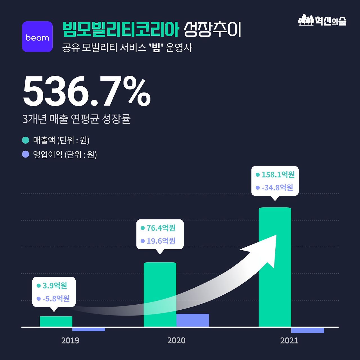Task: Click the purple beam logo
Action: (x=37, y=37)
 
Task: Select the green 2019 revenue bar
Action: (x=56, y=321)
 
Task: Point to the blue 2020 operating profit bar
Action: (x=193, y=320)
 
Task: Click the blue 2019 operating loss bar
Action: (x=89, y=329)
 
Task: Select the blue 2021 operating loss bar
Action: (x=307, y=330)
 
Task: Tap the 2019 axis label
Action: (x=70, y=341)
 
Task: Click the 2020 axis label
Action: (x=176, y=341)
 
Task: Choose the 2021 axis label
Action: (x=289, y=341)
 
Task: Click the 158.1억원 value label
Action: (x=278, y=175)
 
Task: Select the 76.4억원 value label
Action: (x=161, y=228)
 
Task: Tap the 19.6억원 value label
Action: (x=161, y=241)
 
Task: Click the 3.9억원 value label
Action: (x=55, y=286)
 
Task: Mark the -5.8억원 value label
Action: (x=56, y=298)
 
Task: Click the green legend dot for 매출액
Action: (x=26, y=140)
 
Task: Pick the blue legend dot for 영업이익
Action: (x=26, y=154)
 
